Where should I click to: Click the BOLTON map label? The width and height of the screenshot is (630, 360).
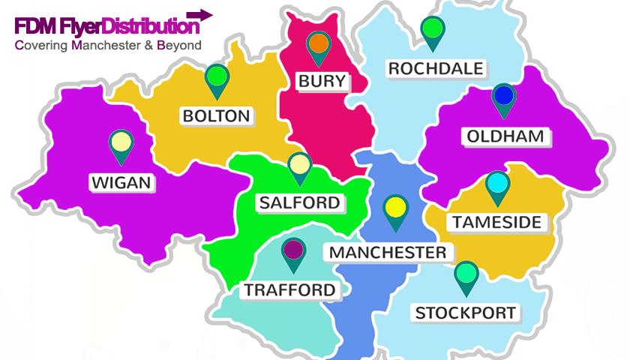point(216,116)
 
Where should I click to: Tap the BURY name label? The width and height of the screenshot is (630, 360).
point(322,81)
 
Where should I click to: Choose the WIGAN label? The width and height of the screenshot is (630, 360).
point(121,182)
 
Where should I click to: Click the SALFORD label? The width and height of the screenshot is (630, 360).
point(299,202)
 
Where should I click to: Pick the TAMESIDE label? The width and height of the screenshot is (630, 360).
point(496,222)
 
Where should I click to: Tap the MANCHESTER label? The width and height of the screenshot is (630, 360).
point(388,252)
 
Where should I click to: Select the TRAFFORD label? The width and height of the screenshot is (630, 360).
point(289,289)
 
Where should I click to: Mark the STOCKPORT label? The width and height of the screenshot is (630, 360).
point(466,313)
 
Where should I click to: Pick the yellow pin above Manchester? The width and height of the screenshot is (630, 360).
point(394,208)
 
